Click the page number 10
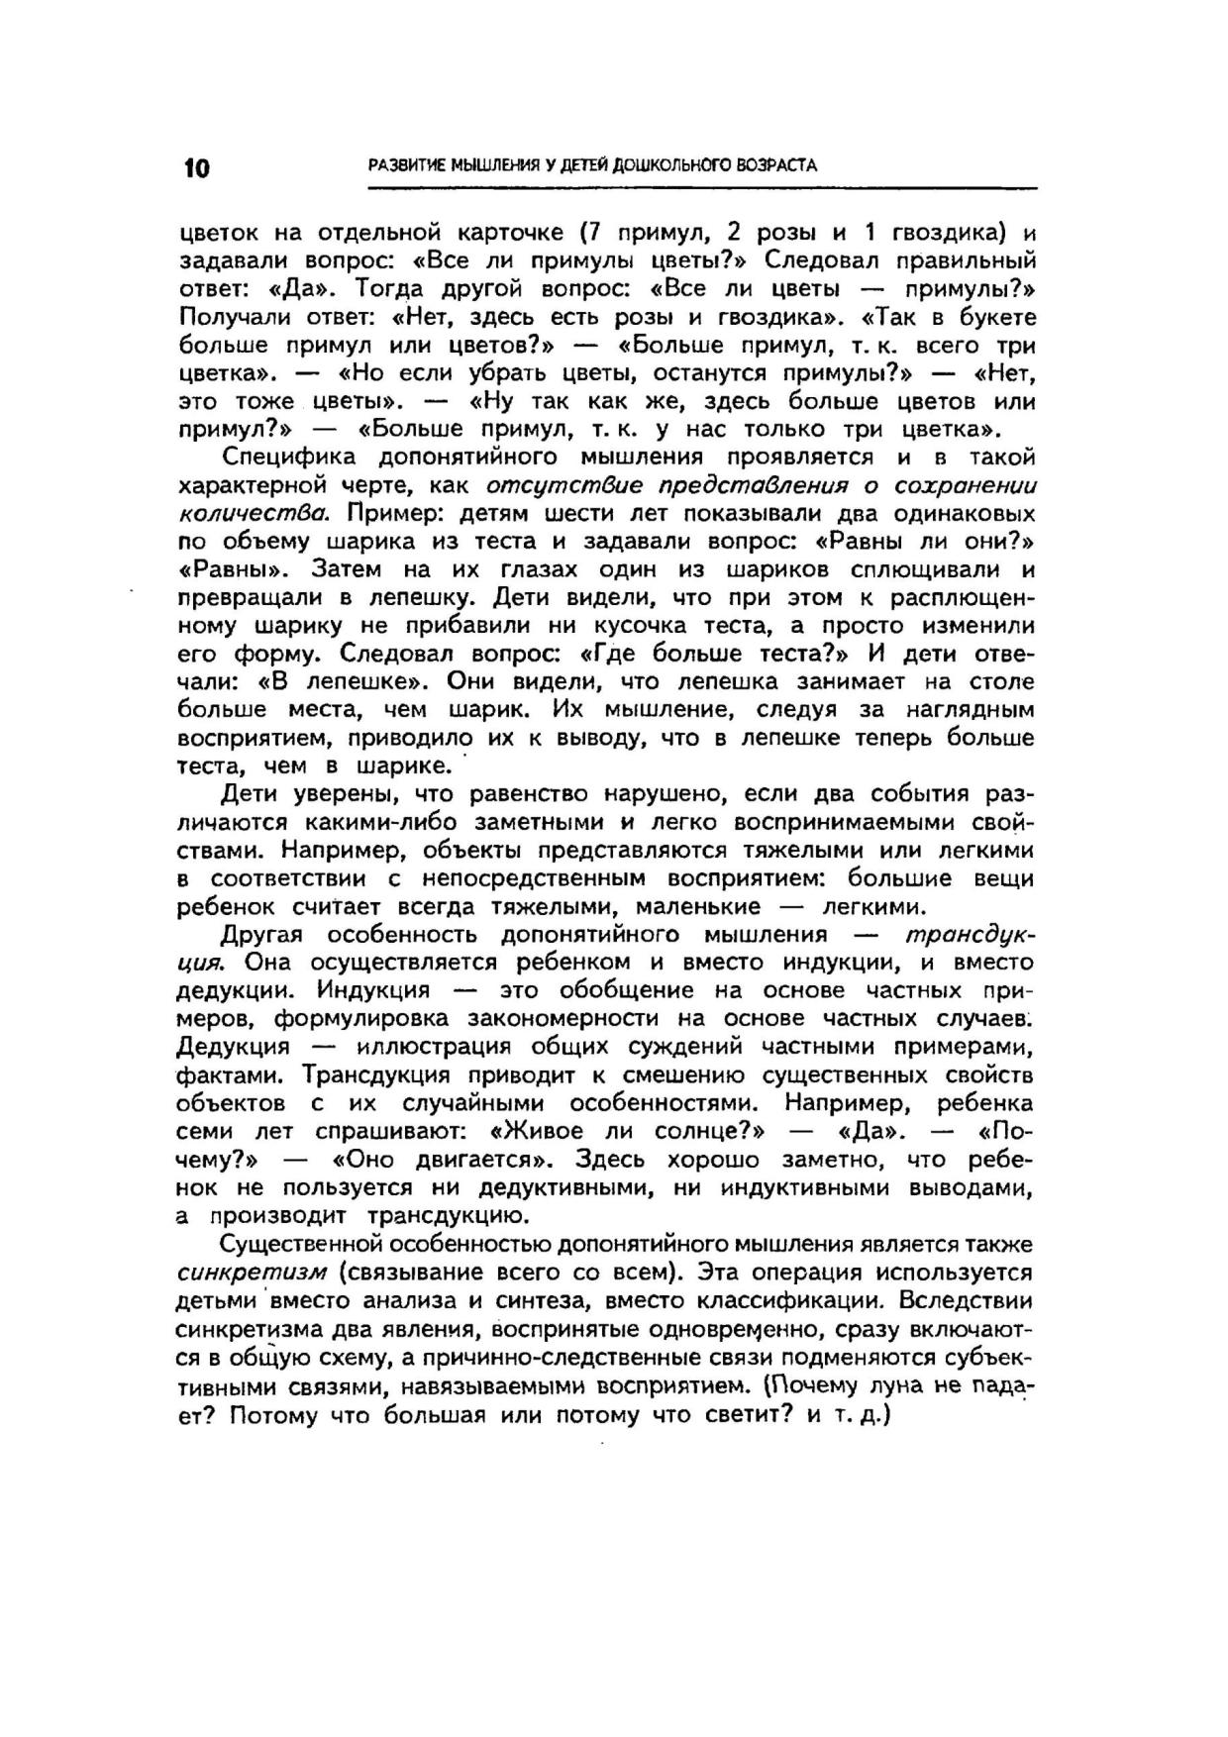point(196,167)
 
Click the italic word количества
point(253,514)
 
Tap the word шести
point(544,514)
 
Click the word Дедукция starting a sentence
point(234,1048)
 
